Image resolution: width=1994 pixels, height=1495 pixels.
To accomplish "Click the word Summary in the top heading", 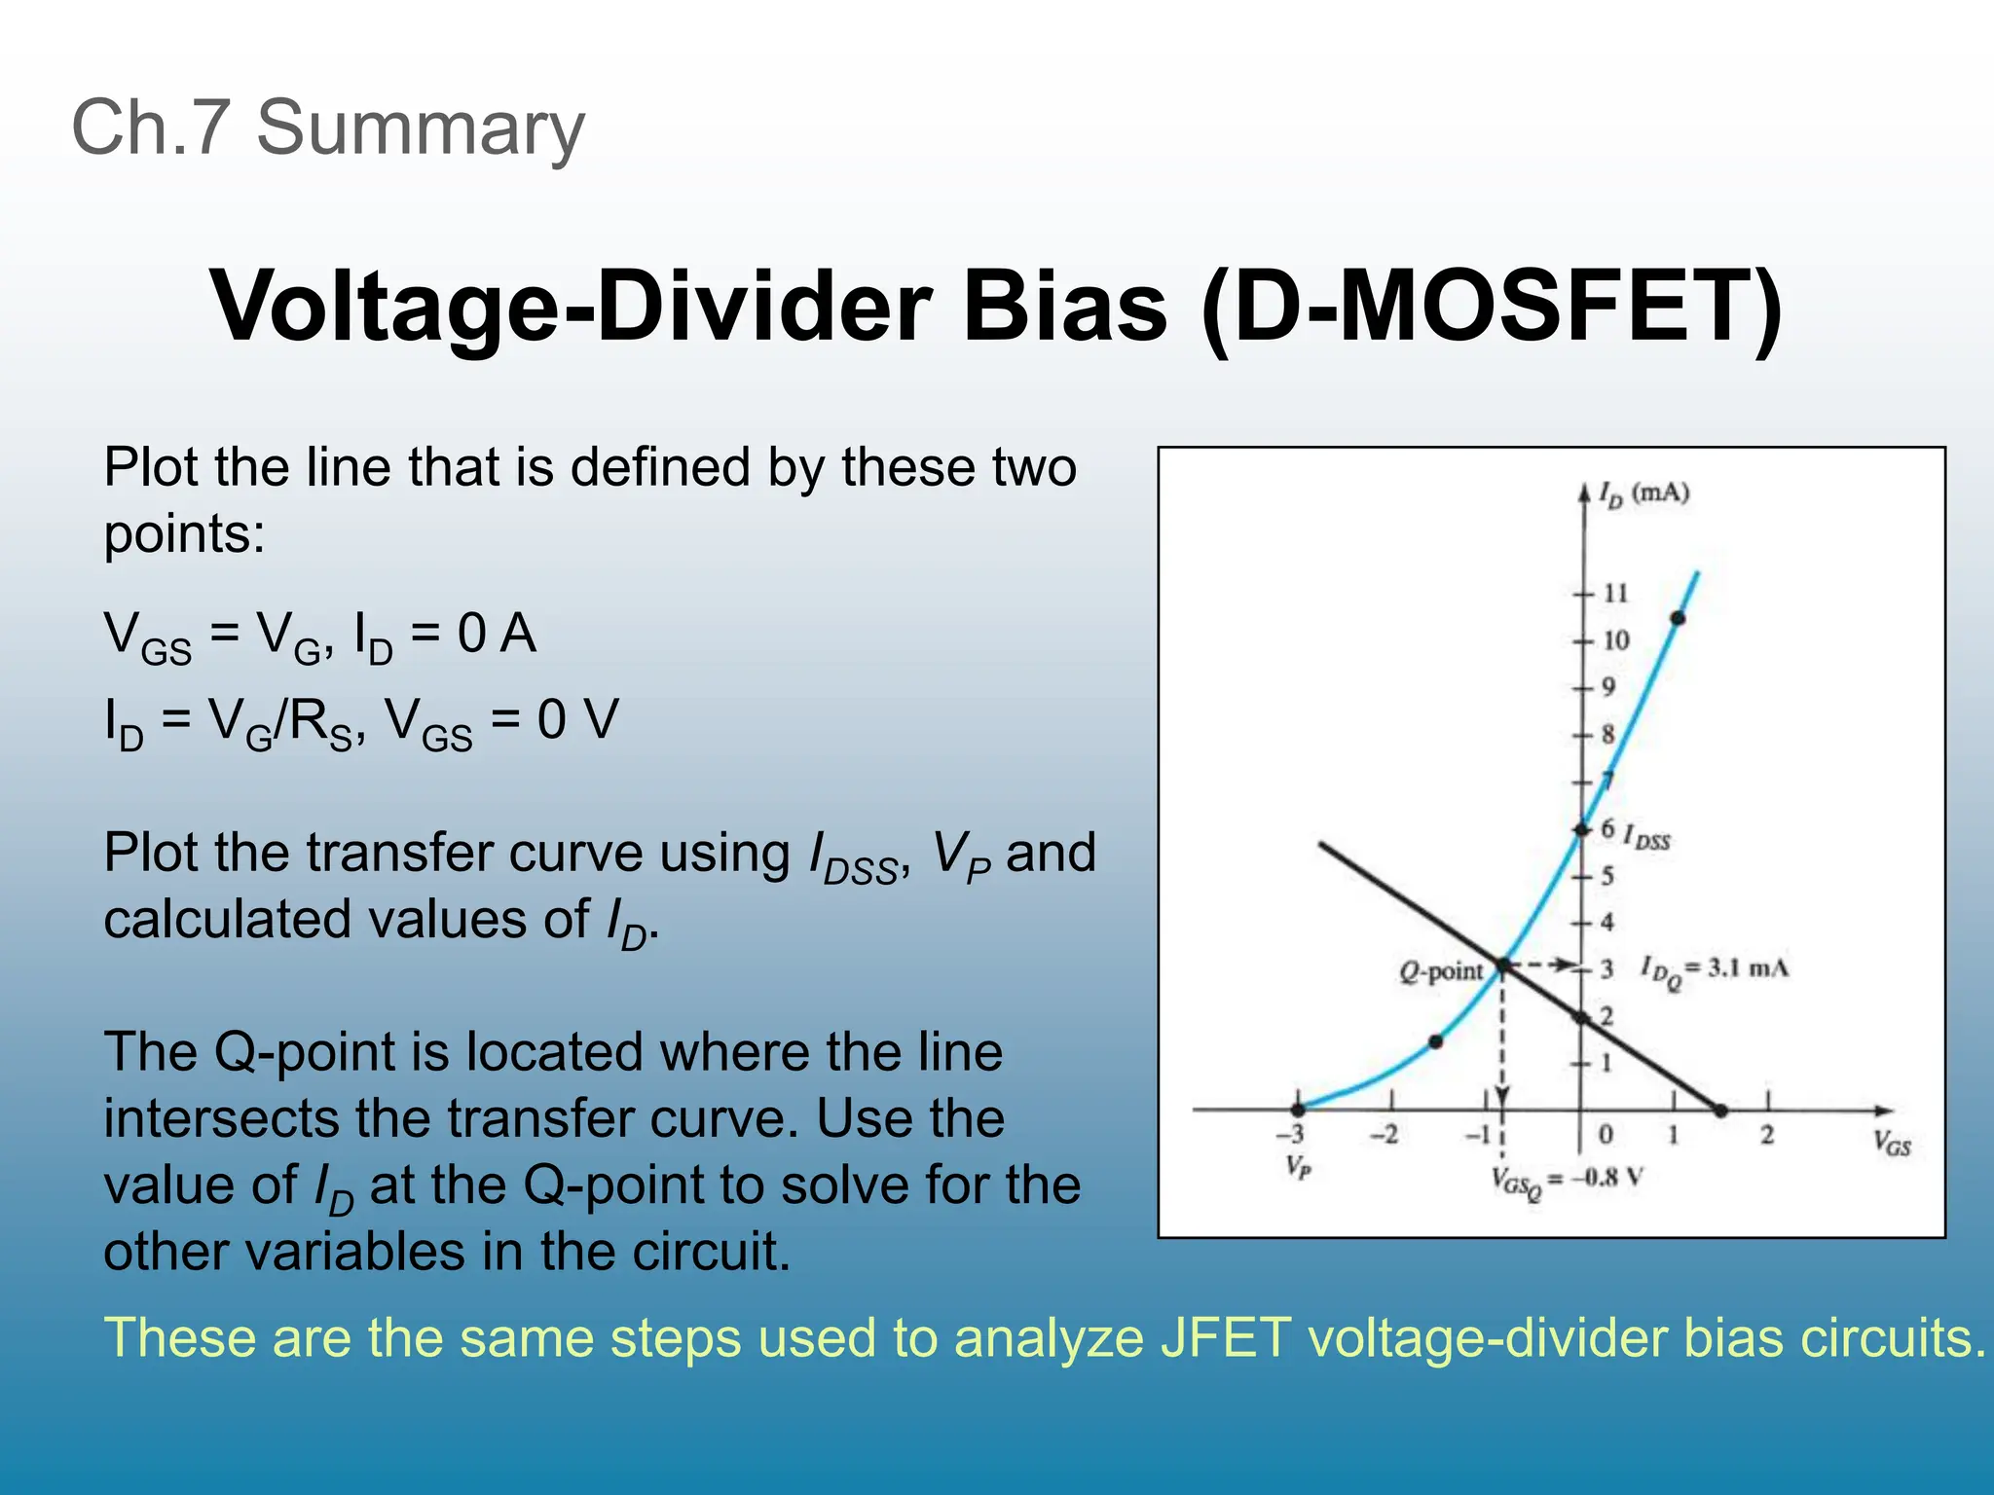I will tap(420, 128).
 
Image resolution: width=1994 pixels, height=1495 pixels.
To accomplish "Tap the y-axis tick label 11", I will tap(1615, 593).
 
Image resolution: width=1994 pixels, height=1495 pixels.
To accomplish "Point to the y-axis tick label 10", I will tap(1615, 640).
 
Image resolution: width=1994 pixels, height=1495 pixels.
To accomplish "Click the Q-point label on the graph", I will tap(1441, 971).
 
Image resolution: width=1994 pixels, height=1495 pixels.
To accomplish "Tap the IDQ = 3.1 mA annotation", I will tap(1715, 969).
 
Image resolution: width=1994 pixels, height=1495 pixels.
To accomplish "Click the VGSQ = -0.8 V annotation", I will tap(1567, 1181).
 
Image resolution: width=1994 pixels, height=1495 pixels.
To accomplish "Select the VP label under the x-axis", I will tap(1298, 1166).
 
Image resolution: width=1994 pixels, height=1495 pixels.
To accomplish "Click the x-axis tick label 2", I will tap(1767, 1135).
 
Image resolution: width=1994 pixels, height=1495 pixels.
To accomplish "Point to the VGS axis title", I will tap(1892, 1144).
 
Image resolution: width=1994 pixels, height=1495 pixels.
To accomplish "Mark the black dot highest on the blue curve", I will tap(1678, 618).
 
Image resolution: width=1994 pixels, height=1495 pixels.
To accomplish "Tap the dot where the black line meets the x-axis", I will tap(1720, 1111).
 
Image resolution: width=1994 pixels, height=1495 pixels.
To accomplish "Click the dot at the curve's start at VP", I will tap(1298, 1110).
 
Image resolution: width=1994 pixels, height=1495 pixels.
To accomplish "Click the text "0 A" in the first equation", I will tap(497, 635).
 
